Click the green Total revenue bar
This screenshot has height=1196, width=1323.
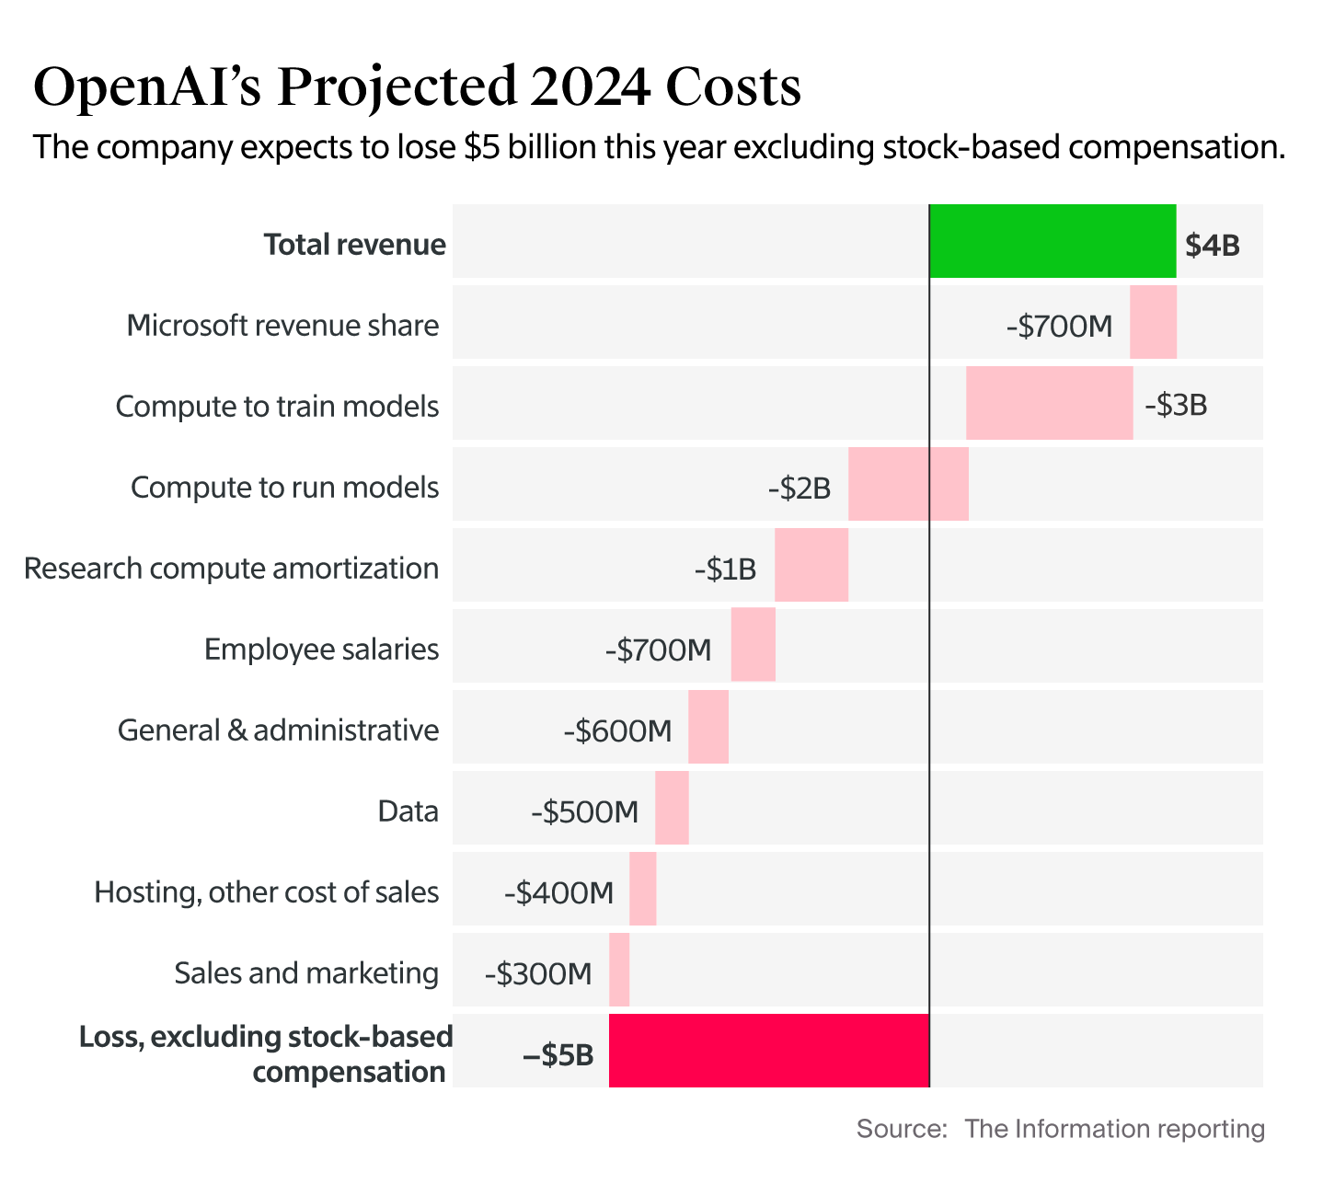coord(1053,241)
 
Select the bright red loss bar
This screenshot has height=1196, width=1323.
coord(769,1051)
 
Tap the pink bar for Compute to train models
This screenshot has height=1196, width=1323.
coord(1049,403)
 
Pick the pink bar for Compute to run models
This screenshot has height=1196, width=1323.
coord(908,484)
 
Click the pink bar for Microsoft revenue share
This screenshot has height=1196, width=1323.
coord(1153,322)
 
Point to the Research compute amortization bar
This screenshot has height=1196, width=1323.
coord(811,565)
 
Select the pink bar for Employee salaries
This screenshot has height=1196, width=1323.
coord(753,645)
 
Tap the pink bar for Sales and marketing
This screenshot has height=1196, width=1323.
coord(619,970)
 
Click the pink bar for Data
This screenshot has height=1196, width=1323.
coord(672,808)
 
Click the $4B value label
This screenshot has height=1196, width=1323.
coord(1212,246)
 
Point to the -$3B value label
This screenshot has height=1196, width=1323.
coord(1175,406)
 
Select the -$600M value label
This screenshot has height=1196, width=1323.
coord(617,731)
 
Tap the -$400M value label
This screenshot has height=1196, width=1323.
coord(558,893)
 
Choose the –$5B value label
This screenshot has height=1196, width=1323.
coord(558,1055)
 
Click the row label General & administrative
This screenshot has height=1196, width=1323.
coord(278,730)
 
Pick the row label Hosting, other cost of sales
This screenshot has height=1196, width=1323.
coord(266,892)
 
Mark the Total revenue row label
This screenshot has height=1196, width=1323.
coord(354,245)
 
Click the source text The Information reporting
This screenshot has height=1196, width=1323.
coord(1114,1129)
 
